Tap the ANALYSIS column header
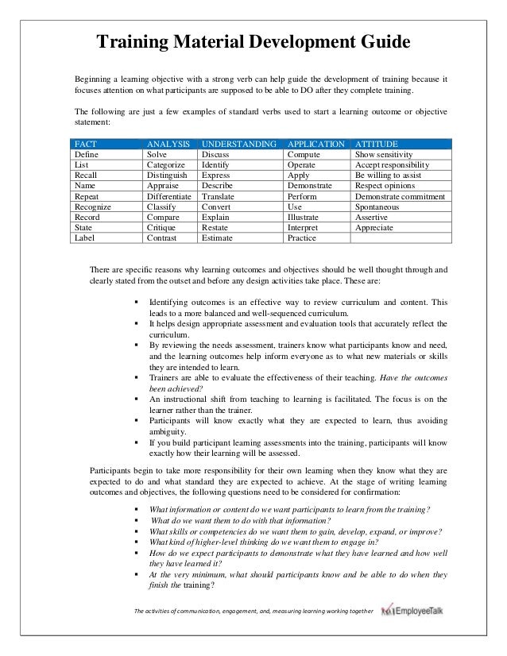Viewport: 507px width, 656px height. point(168,144)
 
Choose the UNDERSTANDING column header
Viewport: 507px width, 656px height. point(238,144)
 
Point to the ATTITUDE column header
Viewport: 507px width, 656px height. point(377,144)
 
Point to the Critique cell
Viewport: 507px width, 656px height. point(161,226)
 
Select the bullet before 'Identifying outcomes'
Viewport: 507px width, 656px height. point(137,303)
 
